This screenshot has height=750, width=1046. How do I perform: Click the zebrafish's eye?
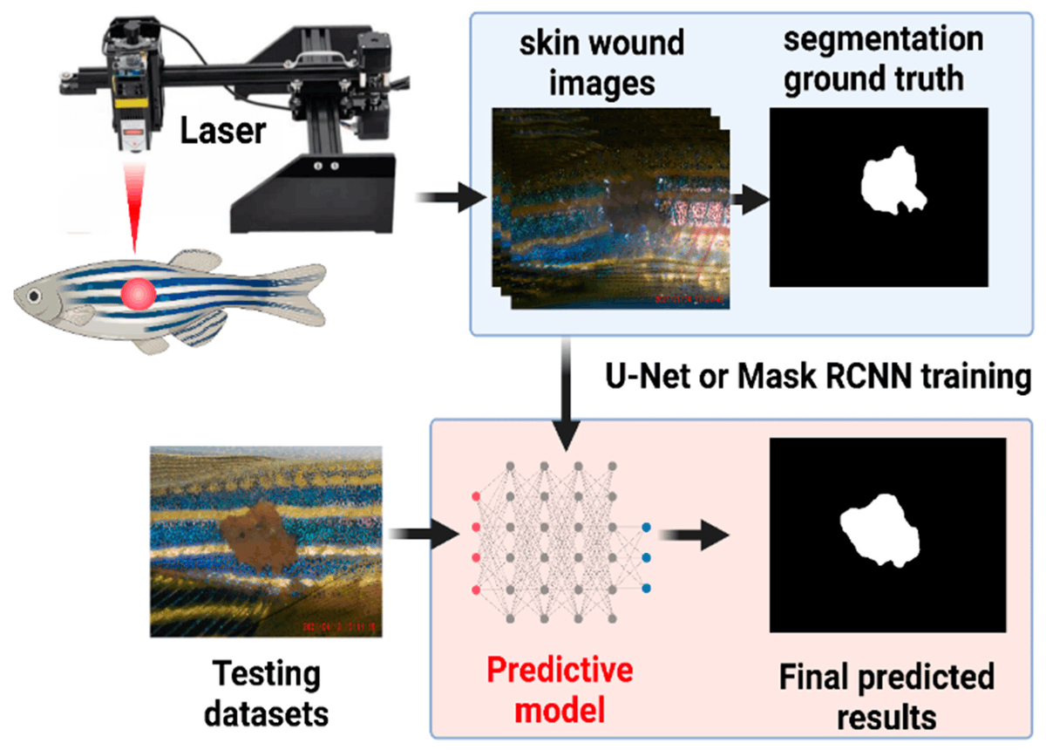point(34,297)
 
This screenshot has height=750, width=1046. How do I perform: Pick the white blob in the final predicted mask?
point(880,528)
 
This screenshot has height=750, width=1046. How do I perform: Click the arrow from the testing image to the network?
point(422,532)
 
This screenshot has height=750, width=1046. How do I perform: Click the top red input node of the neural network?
point(475,496)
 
